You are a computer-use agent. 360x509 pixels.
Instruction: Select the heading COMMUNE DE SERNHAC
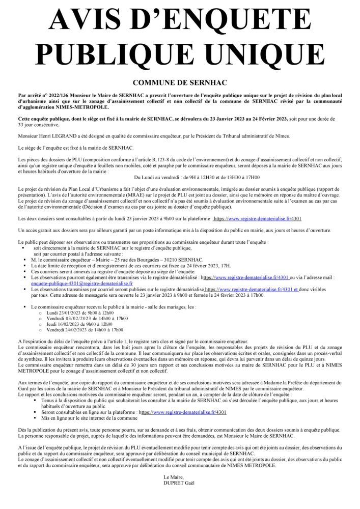[x=180, y=82]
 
